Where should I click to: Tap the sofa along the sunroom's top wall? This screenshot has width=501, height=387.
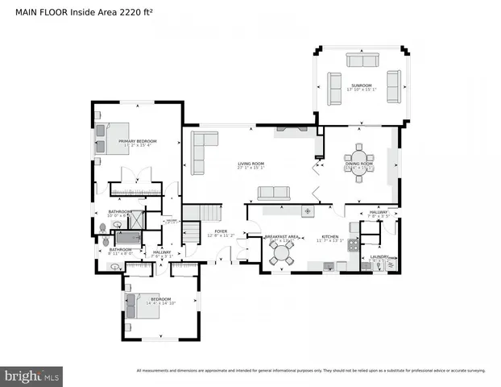(x=362, y=60)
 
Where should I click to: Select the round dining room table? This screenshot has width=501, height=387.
(x=359, y=156)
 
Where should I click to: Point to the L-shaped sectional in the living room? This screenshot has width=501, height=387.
(x=201, y=149)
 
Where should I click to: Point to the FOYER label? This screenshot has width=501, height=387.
(x=220, y=231)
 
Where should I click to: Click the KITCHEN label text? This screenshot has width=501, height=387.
(x=329, y=236)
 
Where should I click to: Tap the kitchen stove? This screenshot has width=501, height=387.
(x=352, y=248)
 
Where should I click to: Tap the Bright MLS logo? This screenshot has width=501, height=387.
(x=32, y=376)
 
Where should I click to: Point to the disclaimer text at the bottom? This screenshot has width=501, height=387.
(x=311, y=371)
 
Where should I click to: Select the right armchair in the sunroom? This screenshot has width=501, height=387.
(x=393, y=86)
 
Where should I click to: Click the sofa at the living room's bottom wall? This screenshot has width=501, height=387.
(x=274, y=192)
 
